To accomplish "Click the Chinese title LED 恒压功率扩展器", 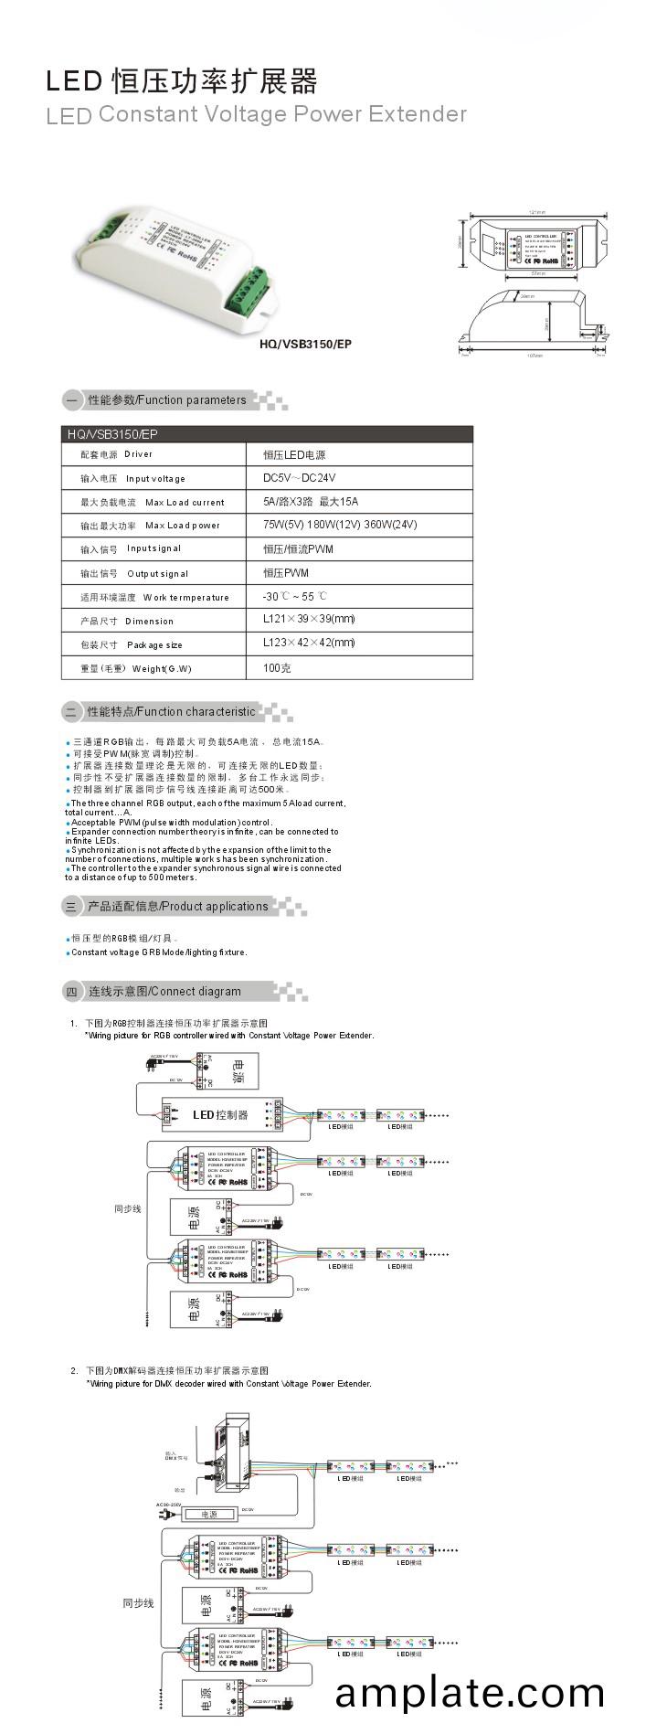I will (x=182, y=82).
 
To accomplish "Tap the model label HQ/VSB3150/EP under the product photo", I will (x=306, y=344).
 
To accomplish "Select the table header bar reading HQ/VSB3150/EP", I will (x=267, y=434).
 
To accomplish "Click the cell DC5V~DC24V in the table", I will (x=300, y=478).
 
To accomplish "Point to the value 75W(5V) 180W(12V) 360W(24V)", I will (x=340, y=525).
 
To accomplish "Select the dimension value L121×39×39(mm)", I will (x=309, y=619).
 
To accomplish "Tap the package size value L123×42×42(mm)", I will (x=309, y=643).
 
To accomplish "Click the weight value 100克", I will (x=277, y=668).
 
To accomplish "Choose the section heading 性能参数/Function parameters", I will (x=166, y=400).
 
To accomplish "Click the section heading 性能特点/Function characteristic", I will (x=171, y=712).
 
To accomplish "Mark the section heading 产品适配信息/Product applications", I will (x=177, y=907).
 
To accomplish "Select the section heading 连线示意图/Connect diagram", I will (x=164, y=992).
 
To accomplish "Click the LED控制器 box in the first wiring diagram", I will (x=221, y=1114).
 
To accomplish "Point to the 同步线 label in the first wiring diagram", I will (x=128, y=1208).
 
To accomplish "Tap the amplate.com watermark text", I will (x=470, y=1692).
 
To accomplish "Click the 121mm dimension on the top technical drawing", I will (x=537, y=212).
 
